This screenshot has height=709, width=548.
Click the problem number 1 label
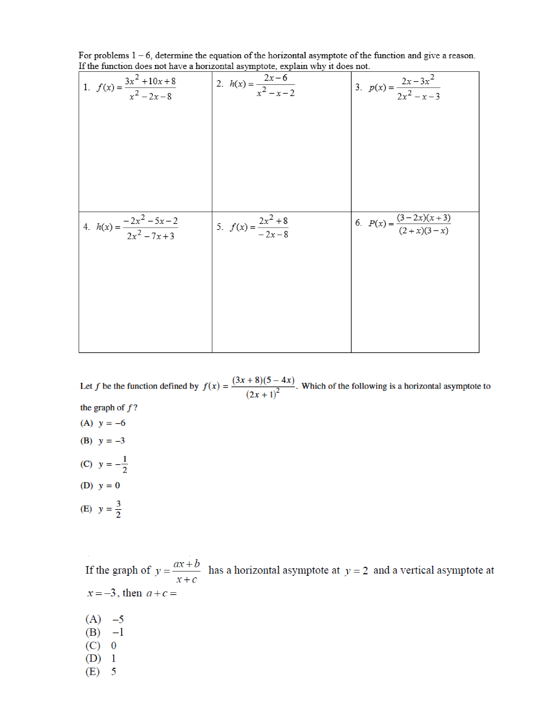click(x=86, y=87)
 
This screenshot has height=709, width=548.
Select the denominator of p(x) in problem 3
click(x=418, y=96)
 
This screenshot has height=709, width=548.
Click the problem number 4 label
click(x=86, y=227)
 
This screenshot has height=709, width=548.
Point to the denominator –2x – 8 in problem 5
click(x=273, y=234)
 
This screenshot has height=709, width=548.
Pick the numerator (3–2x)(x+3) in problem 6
click(x=423, y=217)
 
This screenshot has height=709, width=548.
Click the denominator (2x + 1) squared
click(x=263, y=394)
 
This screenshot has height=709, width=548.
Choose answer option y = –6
click(x=112, y=423)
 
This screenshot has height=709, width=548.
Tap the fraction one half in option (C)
click(x=125, y=464)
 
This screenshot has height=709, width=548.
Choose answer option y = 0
click(x=109, y=485)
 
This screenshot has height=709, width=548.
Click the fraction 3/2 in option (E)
click(x=118, y=509)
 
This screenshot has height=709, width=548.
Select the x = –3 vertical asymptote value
click(x=102, y=593)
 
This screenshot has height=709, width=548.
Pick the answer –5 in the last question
click(x=118, y=619)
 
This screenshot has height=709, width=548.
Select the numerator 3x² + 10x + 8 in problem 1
click(x=150, y=81)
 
